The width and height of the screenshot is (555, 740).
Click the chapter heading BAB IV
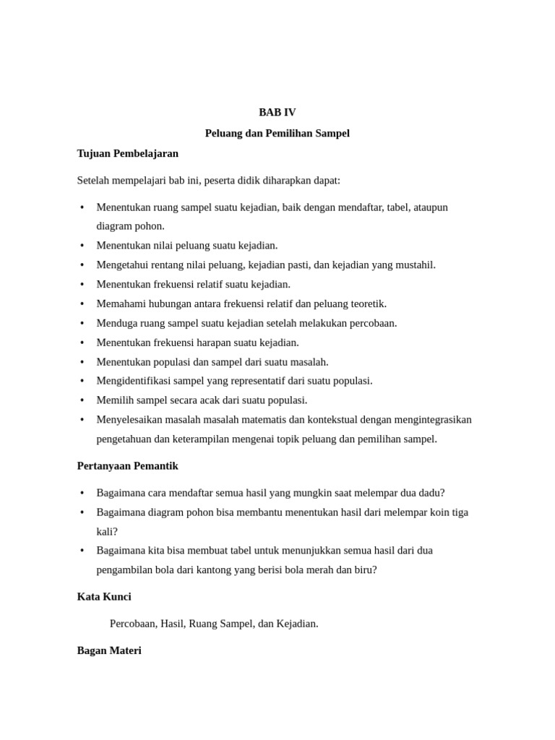[277, 112]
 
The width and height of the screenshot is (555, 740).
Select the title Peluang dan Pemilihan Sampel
[277, 133]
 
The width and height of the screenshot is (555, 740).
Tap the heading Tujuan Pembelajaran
[128, 153]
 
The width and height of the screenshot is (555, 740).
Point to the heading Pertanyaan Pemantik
[128, 465]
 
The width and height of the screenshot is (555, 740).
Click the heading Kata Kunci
[104, 596]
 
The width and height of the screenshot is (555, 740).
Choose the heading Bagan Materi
[109, 650]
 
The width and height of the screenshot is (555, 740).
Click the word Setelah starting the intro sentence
[94, 180]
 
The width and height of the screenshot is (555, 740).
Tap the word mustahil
[414, 264]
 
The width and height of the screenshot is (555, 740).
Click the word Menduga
[116, 323]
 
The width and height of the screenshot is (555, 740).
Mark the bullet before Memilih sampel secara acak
[82, 400]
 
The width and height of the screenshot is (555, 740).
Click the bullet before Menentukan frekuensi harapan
[82, 343]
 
